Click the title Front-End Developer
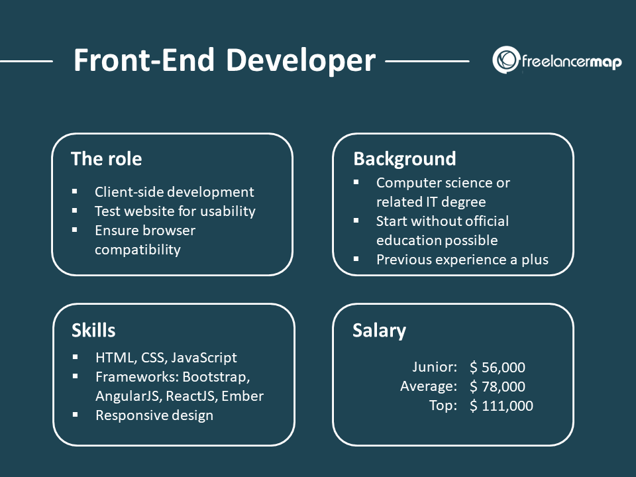[224, 60]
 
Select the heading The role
[106, 159]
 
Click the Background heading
[404, 159]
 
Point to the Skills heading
[93, 330]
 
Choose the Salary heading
[379, 330]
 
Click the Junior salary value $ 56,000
[497, 368]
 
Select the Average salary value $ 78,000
[497, 386]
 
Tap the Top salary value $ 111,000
[501, 405]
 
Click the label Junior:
[435, 367]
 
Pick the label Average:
[429, 386]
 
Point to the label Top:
[443, 405]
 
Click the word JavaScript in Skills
[203, 358]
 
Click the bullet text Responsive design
[154, 415]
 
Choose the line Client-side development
[174, 192]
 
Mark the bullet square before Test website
[75, 210]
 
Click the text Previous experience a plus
[462, 259]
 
